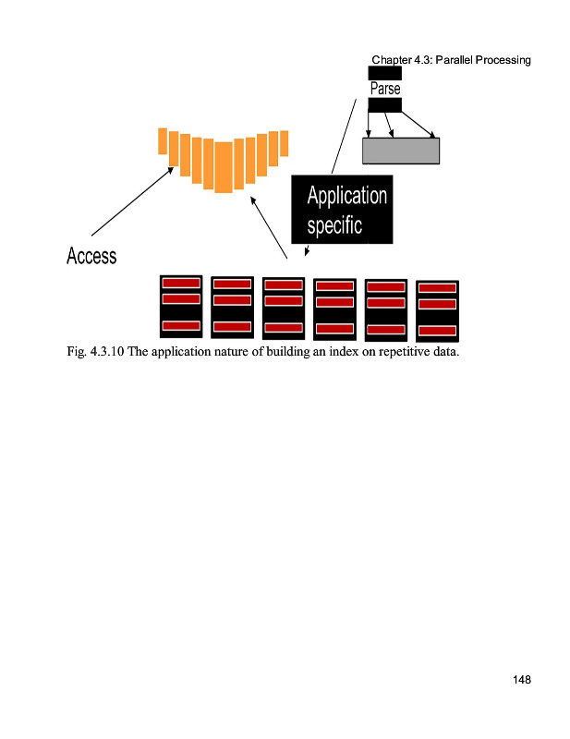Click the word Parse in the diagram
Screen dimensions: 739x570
pyautogui.click(x=384, y=90)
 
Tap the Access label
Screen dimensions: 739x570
pyautogui.click(x=91, y=256)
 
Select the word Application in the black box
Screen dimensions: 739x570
pyautogui.click(x=346, y=196)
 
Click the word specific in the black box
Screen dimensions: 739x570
pyautogui.click(x=334, y=224)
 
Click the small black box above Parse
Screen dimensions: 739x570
pyautogui.click(x=384, y=72)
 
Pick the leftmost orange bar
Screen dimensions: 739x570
pyautogui.click(x=163, y=141)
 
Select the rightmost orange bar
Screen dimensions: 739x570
pyautogui.click(x=285, y=143)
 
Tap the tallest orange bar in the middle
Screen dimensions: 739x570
pyautogui.click(x=223, y=167)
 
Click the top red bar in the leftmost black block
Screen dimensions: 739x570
pyautogui.click(x=181, y=283)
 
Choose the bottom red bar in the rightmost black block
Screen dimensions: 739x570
pyautogui.click(x=437, y=331)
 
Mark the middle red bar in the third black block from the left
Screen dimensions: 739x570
pyautogui.click(x=283, y=301)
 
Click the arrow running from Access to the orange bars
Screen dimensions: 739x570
pyautogui.click(x=133, y=200)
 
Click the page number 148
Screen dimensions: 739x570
pyautogui.click(x=521, y=681)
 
